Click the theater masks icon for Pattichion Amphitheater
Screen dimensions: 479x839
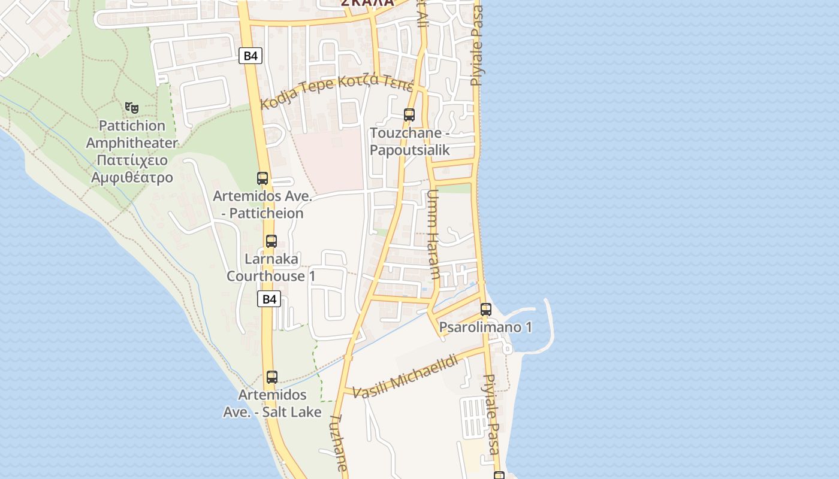click(132, 108)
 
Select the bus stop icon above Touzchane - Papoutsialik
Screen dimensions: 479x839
click(409, 114)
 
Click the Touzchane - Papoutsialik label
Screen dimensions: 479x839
click(410, 141)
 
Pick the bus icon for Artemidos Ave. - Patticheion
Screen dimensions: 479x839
click(262, 178)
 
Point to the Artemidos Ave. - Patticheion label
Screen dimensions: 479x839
click(262, 204)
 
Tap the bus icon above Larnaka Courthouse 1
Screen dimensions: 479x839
click(271, 241)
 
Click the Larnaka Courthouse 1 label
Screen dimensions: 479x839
click(271, 268)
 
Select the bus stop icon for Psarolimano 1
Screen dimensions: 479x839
click(486, 310)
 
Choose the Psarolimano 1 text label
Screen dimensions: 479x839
click(485, 328)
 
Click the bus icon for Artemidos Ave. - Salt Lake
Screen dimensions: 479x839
click(272, 377)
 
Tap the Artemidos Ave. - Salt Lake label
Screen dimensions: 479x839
click(272, 404)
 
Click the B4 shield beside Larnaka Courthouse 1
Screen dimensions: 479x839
click(269, 299)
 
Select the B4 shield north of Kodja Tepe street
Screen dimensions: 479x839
click(251, 56)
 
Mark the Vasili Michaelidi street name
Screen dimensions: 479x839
click(405, 377)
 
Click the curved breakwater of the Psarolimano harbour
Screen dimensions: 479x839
click(548, 326)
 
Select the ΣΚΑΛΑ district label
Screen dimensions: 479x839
click(368, 3)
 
